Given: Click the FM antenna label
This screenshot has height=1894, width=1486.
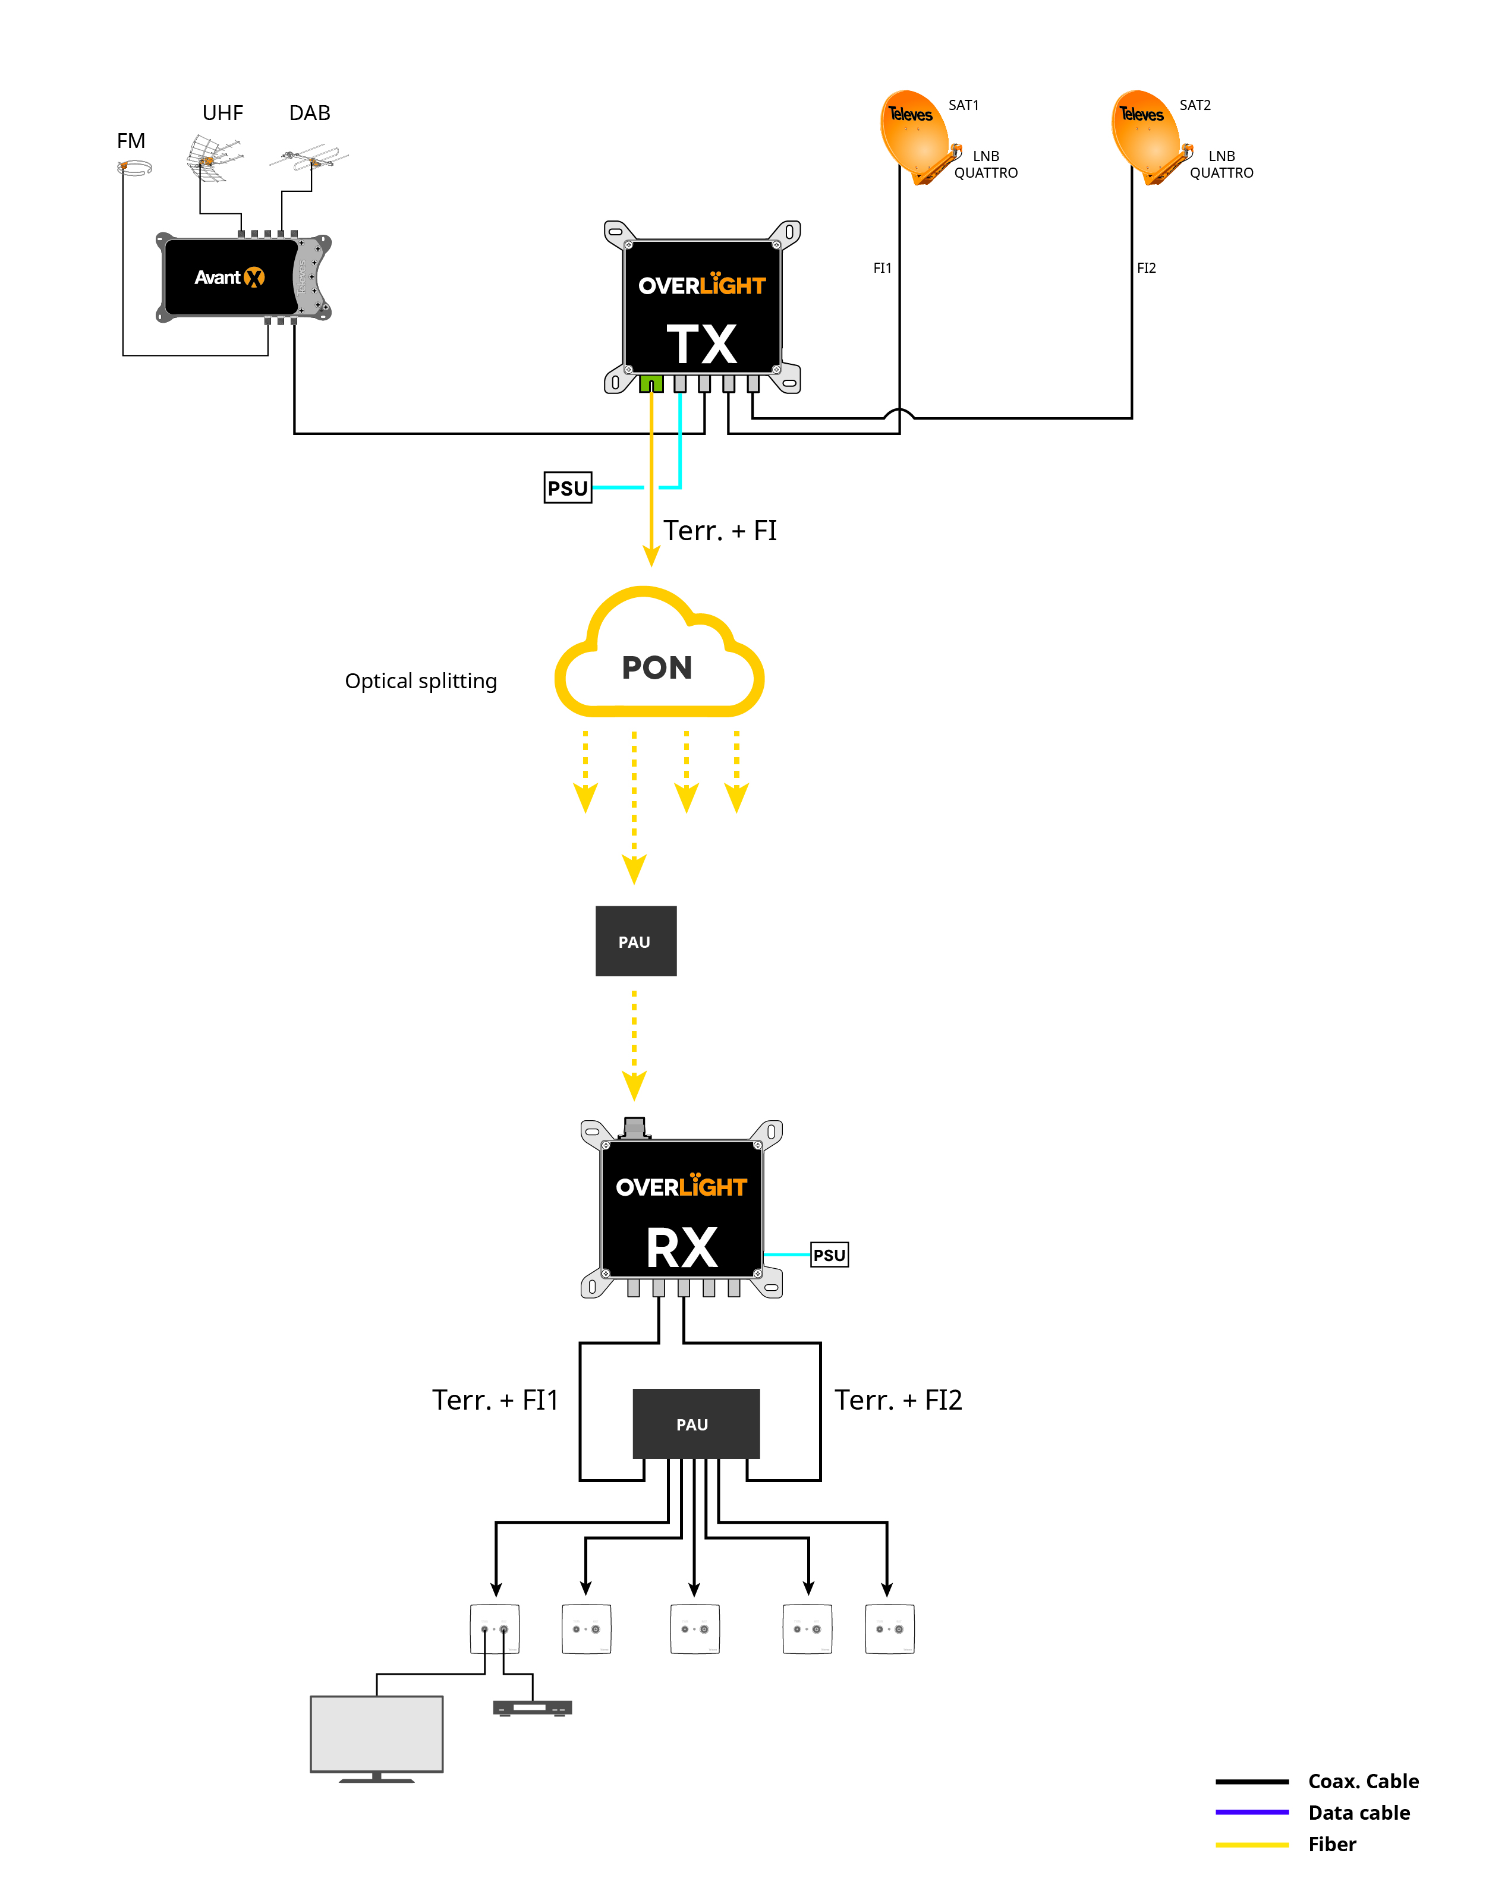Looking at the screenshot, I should click(131, 141).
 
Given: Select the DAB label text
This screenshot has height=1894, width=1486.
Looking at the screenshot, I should click(310, 113).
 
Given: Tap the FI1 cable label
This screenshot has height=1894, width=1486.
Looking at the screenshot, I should click(882, 268).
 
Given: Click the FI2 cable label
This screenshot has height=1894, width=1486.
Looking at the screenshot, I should click(1147, 268).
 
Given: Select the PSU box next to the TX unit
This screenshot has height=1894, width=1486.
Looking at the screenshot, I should click(567, 488).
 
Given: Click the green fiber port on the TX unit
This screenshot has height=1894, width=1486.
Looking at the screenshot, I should click(651, 384).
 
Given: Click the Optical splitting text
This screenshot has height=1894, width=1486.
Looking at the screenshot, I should click(421, 681).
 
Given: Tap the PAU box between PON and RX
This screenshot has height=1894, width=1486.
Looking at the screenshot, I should click(636, 941).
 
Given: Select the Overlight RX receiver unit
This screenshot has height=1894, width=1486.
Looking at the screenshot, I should click(681, 1209).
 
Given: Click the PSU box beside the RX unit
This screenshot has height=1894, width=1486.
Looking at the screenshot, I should click(829, 1255).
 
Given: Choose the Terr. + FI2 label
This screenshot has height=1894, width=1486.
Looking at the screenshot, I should click(899, 1400).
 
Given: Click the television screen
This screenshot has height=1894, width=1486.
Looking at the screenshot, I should click(377, 1733).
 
